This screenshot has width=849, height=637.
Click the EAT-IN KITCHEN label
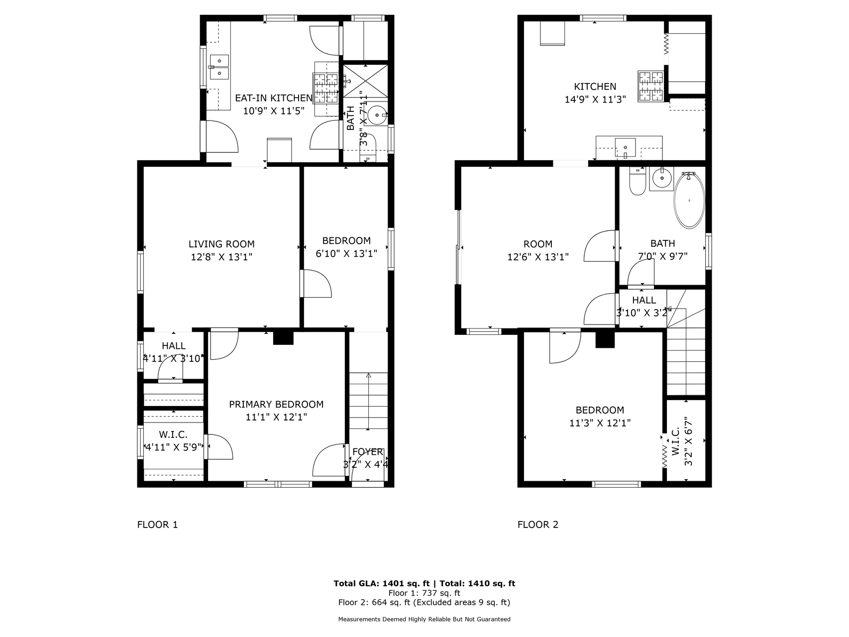[x=274, y=98]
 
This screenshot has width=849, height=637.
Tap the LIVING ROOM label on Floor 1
[x=221, y=244]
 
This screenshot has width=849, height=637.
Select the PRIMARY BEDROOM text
[x=276, y=405]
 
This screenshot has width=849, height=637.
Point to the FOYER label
[x=368, y=452]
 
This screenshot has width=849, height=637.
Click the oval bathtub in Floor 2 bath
[x=689, y=200]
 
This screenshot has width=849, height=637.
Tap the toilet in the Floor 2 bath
[x=637, y=182]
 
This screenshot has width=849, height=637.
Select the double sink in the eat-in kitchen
[x=219, y=67]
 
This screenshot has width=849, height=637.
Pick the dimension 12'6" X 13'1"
[x=538, y=257]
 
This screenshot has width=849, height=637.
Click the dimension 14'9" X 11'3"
[x=595, y=99]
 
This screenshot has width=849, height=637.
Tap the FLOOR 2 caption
[x=538, y=525]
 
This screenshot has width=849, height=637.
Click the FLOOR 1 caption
[x=157, y=525]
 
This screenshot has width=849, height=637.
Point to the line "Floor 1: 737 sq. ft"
[x=424, y=593]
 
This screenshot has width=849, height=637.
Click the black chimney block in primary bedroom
[x=284, y=337]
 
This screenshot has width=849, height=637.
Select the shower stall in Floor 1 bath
[x=366, y=81]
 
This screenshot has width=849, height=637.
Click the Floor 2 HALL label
[x=644, y=300]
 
